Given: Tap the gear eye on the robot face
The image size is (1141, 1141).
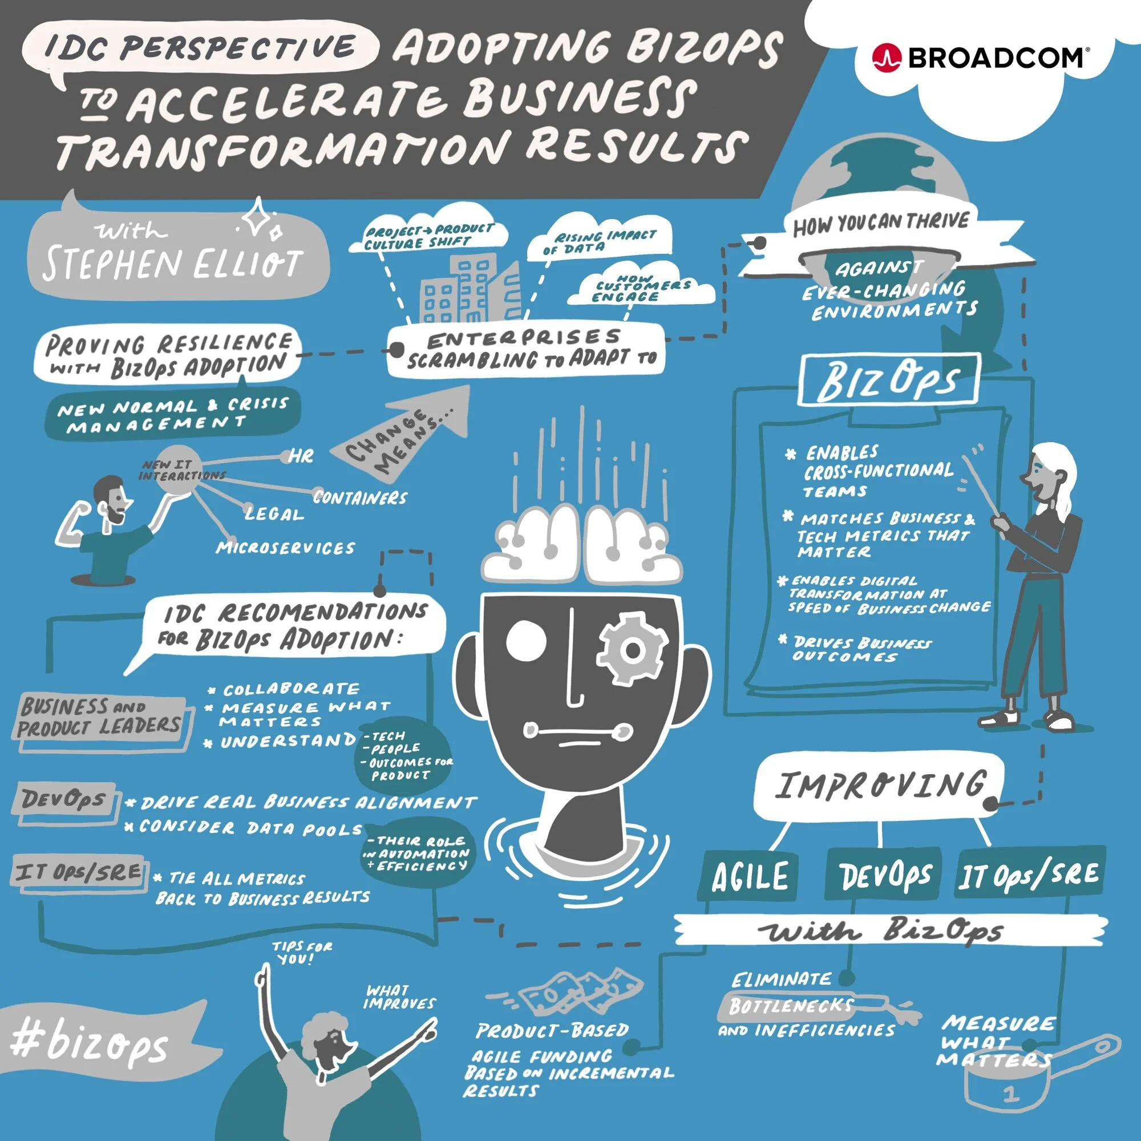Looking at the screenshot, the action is point(633,650).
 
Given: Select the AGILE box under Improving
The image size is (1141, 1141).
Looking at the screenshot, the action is point(749,876).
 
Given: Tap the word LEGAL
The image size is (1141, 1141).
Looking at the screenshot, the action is point(274,515).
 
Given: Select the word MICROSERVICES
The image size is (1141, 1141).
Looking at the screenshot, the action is point(285,548).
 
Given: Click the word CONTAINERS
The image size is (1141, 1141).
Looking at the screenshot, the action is point(359,498).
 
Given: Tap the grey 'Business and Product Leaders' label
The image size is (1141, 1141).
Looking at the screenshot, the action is point(99,717).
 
